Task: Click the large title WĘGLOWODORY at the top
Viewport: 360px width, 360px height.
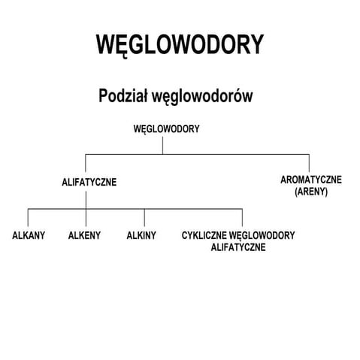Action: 180,44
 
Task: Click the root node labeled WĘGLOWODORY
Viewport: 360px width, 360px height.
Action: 166,129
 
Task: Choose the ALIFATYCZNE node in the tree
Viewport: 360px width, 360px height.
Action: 89,182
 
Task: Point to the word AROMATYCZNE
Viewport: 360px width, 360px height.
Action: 310,180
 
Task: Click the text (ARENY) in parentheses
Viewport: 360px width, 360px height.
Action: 310,192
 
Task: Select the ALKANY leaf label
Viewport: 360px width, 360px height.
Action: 29,235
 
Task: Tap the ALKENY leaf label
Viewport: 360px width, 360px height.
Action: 84,235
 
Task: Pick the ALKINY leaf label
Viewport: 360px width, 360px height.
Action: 141,235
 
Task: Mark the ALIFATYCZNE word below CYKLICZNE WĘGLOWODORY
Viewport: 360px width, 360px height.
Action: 238,247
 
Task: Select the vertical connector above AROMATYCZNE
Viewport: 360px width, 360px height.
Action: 310,162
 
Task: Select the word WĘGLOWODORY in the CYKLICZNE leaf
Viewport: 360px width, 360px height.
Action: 262,235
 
